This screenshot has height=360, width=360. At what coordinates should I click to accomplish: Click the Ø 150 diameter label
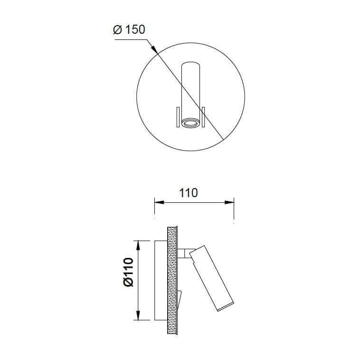pyautogui.click(x=129, y=29)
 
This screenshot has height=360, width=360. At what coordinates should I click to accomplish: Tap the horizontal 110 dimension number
pyautogui.click(x=188, y=193)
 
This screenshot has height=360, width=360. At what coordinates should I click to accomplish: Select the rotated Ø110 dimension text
pyautogui.click(x=128, y=272)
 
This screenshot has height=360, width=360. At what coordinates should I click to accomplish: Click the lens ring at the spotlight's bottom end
pyautogui.click(x=190, y=123)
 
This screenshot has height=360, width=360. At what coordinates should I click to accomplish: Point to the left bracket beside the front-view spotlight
pyautogui.click(x=178, y=117)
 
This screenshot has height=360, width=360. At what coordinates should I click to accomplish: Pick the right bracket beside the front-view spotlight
pyautogui.click(x=203, y=117)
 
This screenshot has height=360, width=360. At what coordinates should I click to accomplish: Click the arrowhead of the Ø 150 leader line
pyautogui.click(x=154, y=48)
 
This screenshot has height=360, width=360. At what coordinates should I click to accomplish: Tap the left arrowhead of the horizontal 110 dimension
pyautogui.click(x=159, y=202)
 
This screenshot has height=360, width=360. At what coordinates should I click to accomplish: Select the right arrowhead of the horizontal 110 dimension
pyautogui.click(x=229, y=202)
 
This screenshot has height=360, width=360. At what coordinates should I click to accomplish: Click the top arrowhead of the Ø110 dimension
pyautogui.click(x=138, y=245)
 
